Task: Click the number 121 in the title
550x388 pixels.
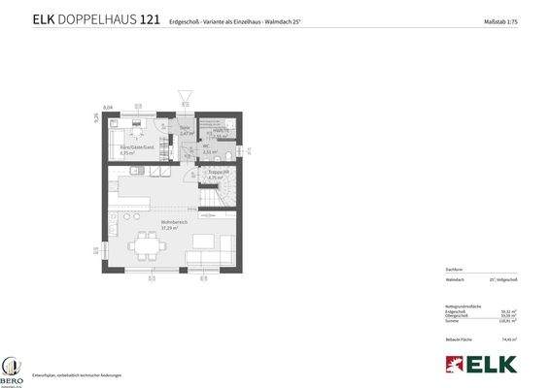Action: [150, 19]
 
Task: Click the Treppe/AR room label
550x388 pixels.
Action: [218, 175]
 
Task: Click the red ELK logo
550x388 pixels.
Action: [480, 365]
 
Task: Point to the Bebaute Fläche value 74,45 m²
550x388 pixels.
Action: [508, 339]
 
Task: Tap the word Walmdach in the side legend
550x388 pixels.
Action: [456, 278]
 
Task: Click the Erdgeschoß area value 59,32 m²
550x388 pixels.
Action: [507, 310]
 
